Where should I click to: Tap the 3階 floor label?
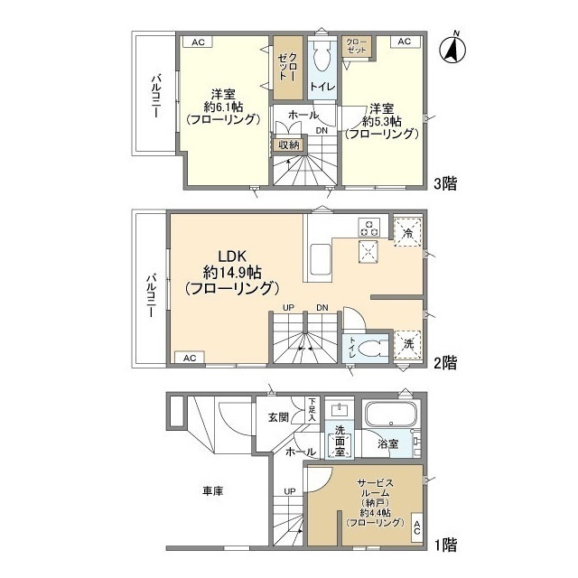(x=444, y=184)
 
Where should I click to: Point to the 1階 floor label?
(x=444, y=545)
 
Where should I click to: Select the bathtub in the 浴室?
(x=390, y=417)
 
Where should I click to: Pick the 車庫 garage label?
(x=213, y=490)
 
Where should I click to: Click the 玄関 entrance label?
(x=277, y=417)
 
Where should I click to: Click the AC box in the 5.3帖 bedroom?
(x=404, y=42)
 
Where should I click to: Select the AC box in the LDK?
(x=191, y=358)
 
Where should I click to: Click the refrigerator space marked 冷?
(x=408, y=231)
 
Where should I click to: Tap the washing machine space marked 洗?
(x=408, y=344)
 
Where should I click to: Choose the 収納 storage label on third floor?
(x=287, y=143)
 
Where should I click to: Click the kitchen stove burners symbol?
(x=369, y=225)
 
